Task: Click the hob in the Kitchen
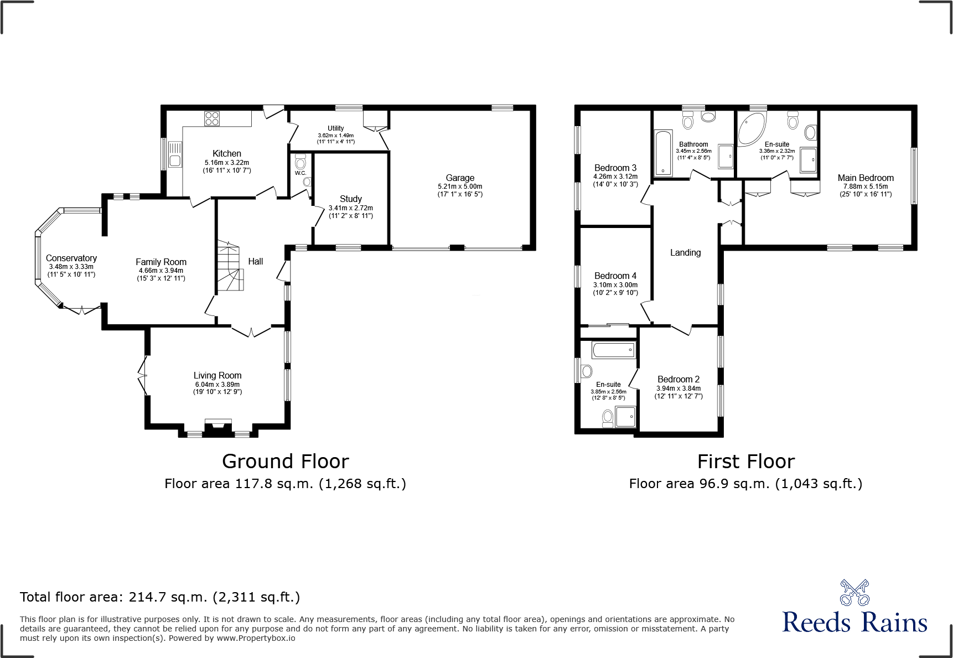click(x=212, y=118)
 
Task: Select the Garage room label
click(x=460, y=178)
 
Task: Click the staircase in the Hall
click(x=230, y=266)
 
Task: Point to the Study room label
click(x=351, y=199)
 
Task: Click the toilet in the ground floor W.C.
click(x=301, y=163)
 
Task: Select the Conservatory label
click(x=71, y=258)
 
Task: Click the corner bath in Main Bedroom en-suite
click(x=751, y=128)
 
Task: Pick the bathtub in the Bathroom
click(x=662, y=153)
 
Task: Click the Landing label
click(x=685, y=252)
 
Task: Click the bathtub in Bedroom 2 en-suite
click(x=614, y=350)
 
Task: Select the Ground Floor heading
click(x=286, y=461)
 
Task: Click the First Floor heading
click(x=745, y=461)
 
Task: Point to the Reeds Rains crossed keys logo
click(x=854, y=593)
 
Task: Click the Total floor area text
click(x=160, y=597)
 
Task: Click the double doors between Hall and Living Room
click(x=251, y=331)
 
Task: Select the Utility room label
click(x=335, y=128)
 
